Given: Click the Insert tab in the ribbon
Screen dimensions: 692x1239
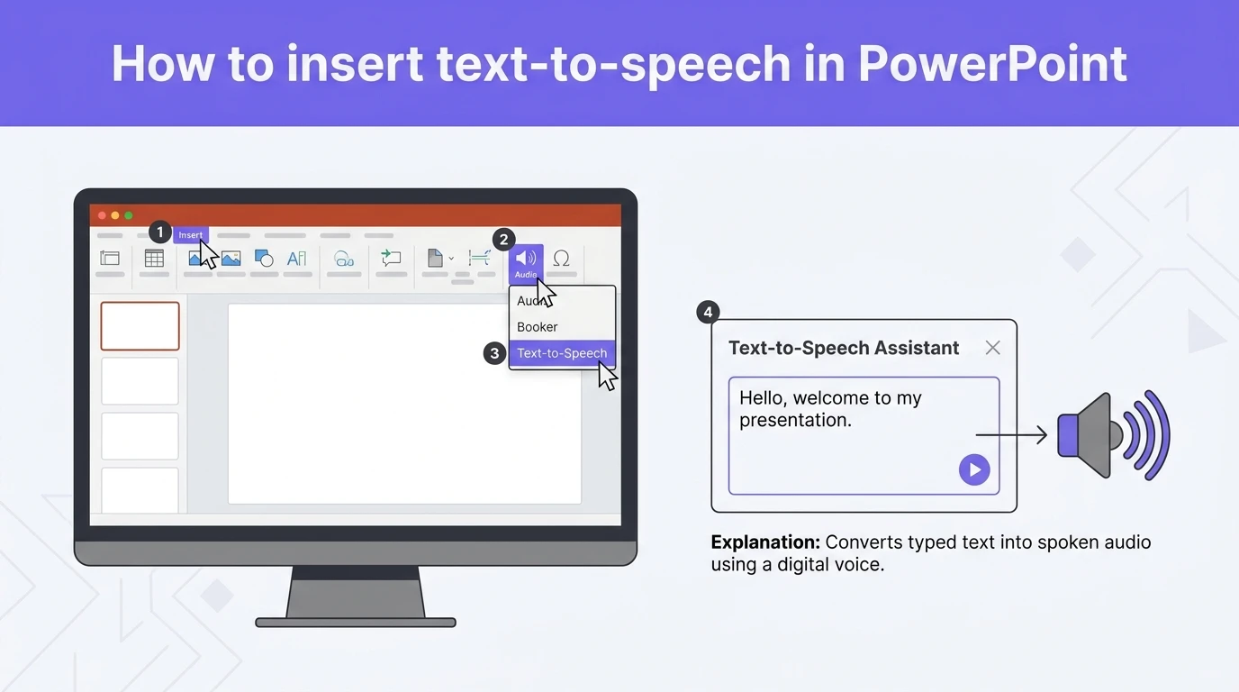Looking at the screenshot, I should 190,235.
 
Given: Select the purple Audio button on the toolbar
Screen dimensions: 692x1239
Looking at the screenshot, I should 526,262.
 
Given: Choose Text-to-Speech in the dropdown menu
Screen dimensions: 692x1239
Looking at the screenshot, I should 562,353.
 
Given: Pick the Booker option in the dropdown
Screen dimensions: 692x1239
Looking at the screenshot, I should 538,327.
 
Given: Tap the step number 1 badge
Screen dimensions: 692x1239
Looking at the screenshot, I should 159,232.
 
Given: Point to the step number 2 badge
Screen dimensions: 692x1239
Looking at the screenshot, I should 503,239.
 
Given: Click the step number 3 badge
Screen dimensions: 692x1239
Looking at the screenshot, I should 493,353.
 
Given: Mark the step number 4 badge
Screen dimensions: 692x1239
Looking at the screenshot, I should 708,312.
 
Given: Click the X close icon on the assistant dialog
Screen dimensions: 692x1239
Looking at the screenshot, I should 992,348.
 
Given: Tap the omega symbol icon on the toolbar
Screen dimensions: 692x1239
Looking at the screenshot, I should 561,259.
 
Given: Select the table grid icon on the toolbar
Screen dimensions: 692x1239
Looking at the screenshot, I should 154,259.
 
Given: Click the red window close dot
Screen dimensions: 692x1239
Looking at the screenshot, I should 102,215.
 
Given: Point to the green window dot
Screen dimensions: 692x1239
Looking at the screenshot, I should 129,215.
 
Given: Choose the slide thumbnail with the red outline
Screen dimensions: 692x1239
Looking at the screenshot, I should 140,325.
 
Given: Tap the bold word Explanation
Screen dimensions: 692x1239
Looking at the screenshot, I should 765,542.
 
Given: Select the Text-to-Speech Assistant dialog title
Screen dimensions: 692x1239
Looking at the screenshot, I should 844,348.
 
